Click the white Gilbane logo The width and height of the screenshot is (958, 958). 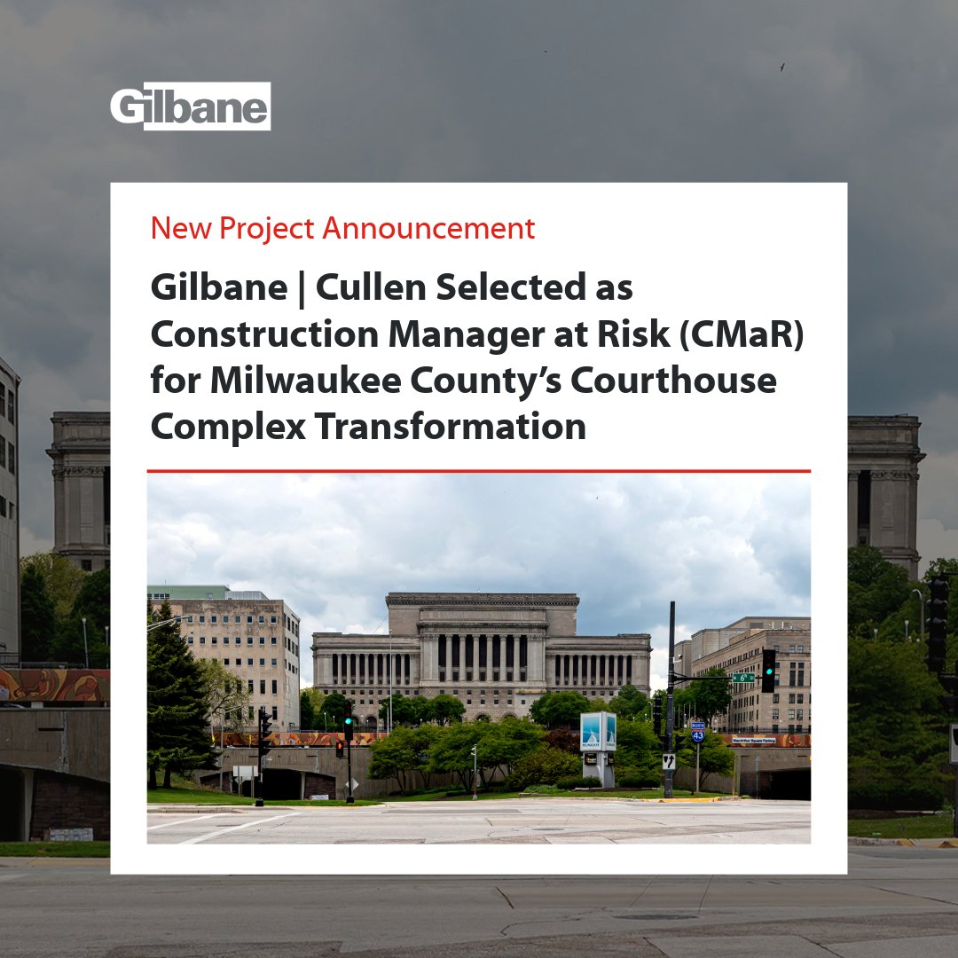pyautogui.click(x=190, y=106)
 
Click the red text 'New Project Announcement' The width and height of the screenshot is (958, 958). pyautogui.click(x=342, y=229)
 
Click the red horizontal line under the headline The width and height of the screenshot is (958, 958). pyautogui.click(x=478, y=471)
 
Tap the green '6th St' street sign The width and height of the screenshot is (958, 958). pyautogui.click(x=743, y=677)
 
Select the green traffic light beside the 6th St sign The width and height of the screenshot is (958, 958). pyautogui.click(x=768, y=671)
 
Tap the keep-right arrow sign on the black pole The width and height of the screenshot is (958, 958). pyautogui.click(x=668, y=761)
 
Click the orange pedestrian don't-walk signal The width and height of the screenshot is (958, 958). pyautogui.click(x=339, y=750)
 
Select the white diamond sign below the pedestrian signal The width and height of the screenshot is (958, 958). pyautogui.click(x=352, y=784)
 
